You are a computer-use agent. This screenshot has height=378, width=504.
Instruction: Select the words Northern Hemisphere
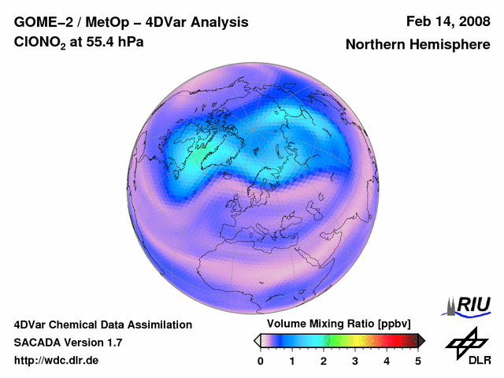tap(417, 45)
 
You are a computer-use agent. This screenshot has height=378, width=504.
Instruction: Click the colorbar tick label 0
tap(261, 361)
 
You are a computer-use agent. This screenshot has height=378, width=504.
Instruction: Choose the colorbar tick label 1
tap(292, 361)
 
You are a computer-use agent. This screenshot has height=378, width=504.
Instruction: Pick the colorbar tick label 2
tap(324, 361)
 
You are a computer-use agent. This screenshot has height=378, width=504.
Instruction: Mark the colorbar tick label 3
tap(355, 361)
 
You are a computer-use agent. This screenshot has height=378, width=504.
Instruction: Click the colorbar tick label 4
tap(387, 361)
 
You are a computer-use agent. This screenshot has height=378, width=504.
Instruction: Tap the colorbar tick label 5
tap(418, 361)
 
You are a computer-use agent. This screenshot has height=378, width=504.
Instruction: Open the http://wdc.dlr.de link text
tap(56, 361)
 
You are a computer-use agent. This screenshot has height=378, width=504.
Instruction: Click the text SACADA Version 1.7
tap(68, 343)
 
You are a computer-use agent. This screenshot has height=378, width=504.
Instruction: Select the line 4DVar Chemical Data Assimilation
tap(102, 324)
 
